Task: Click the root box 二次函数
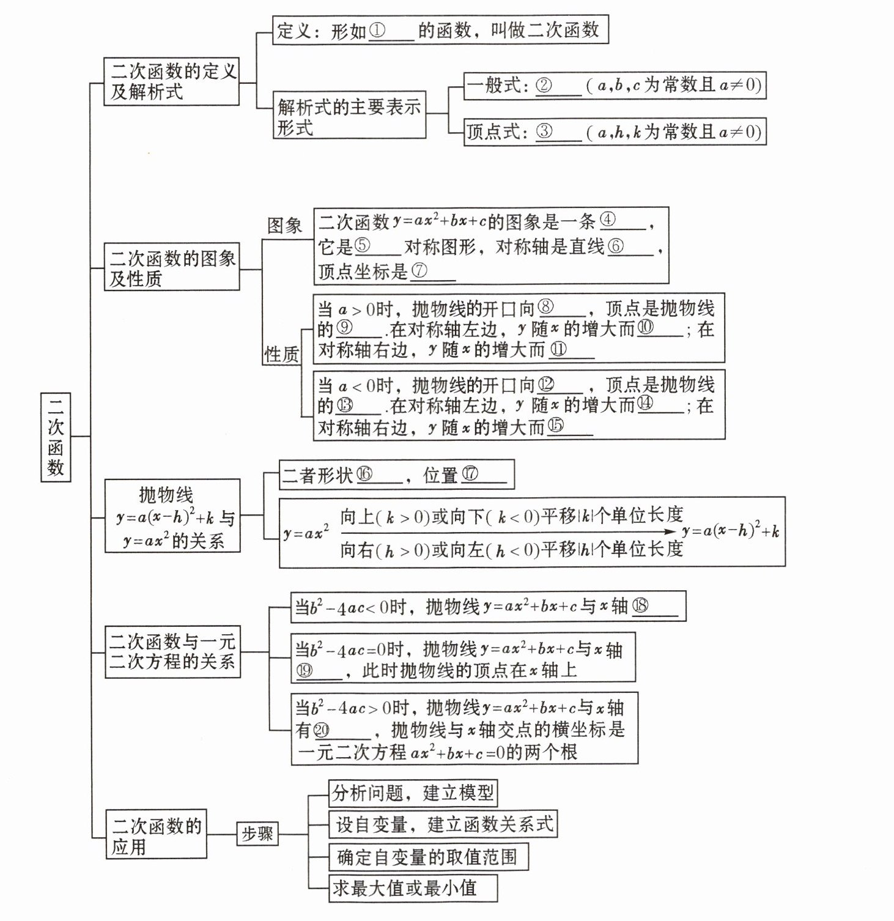(56, 437)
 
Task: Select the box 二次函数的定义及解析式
(171, 81)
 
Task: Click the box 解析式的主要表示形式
(349, 116)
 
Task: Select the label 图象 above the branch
(285, 226)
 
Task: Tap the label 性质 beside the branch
(281, 354)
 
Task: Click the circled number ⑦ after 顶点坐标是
(419, 271)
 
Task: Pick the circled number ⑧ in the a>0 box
(545, 308)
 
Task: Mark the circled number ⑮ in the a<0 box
(556, 426)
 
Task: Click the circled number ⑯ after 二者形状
(364, 475)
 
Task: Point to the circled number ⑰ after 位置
(470, 475)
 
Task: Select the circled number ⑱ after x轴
(640, 605)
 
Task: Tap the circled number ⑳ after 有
(321, 730)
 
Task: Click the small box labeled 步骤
(257, 834)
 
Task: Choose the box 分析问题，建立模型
(413, 793)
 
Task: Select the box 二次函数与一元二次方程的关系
(172, 651)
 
